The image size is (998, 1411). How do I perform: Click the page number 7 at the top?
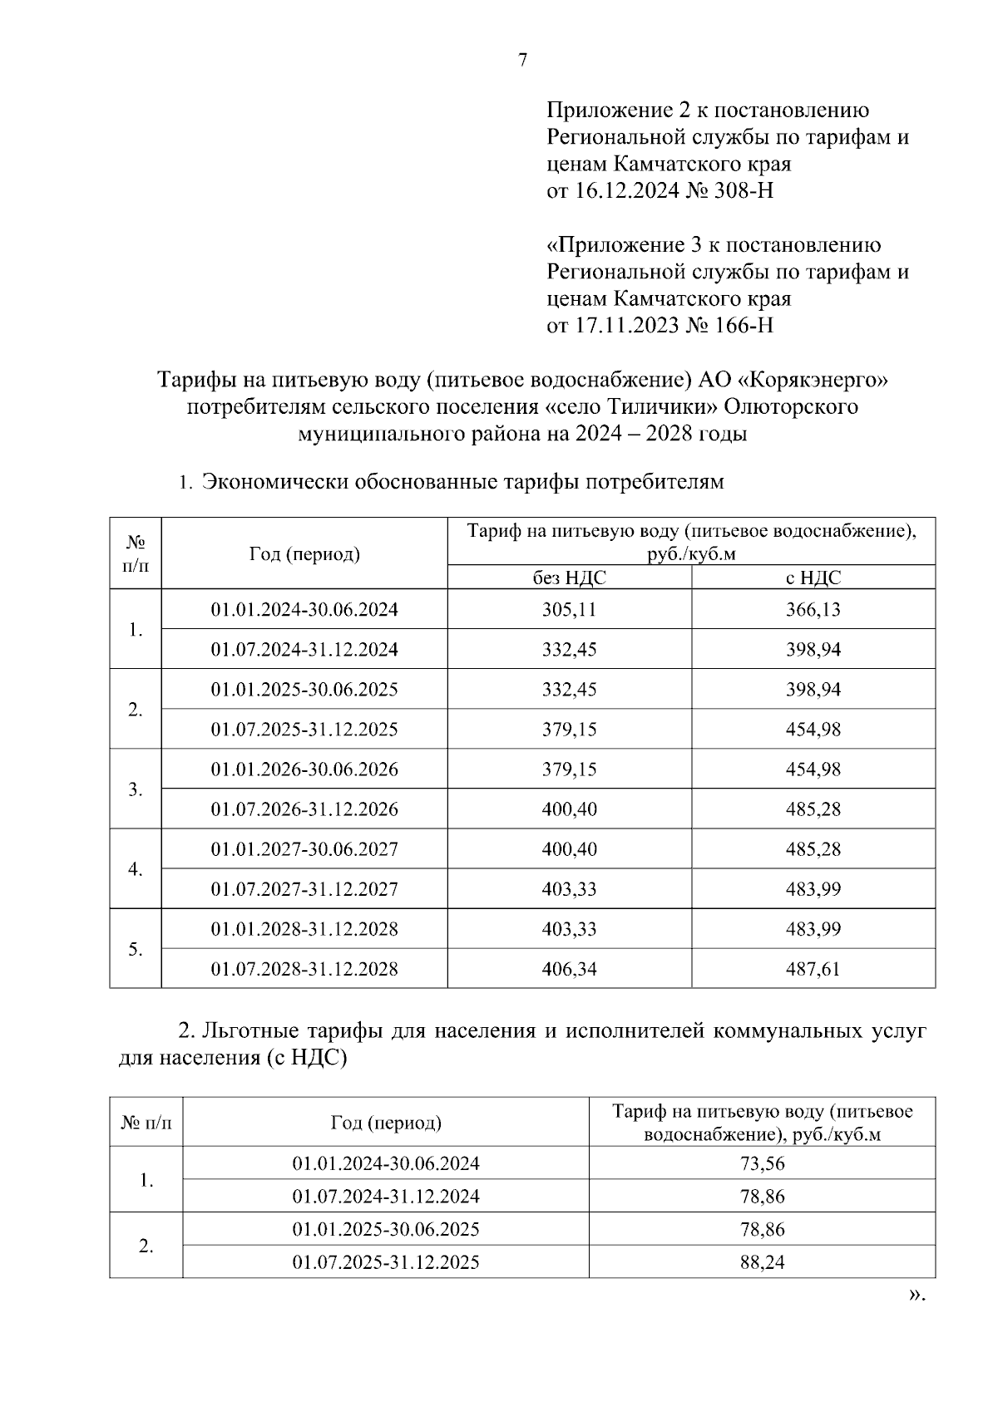pyautogui.click(x=522, y=60)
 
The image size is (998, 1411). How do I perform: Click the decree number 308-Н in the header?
pyautogui.click(x=744, y=190)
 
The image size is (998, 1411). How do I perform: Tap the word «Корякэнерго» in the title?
pyautogui.click(x=814, y=380)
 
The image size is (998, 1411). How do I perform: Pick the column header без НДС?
pyautogui.click(x=569, y=578)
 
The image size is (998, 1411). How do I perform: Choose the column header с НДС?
pyautogui.click(x=813, y=578)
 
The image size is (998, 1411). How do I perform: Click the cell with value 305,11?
pyautogui.click(x=569, y=609)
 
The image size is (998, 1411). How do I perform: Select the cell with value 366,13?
pyautogui.click(x=813, y=609)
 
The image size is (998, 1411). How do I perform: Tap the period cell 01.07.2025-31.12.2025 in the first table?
pyautogui.click(x=304, y=729)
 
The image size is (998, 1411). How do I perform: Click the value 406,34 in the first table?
pyautogui.click(x=569, y=969)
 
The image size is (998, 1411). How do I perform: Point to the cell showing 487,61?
pyautogui.click(x=813, y=969)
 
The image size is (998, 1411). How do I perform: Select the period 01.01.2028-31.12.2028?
pyautogui.click(x=304, y=929)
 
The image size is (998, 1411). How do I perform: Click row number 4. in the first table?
pyautogui.click(x=136, y=869)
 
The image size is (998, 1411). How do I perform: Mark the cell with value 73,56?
pyautogui.click(x=762, y=1163)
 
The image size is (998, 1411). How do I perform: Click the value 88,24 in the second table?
pyautogui.click(x=762, y=1262)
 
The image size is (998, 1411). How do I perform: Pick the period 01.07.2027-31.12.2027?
pyautogui.click(x=304, y=889)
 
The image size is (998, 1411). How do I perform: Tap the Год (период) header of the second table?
pyautogui.click(x=386, y=1123)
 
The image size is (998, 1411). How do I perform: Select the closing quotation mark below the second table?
pyautogui.click(x=916, y=1295)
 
